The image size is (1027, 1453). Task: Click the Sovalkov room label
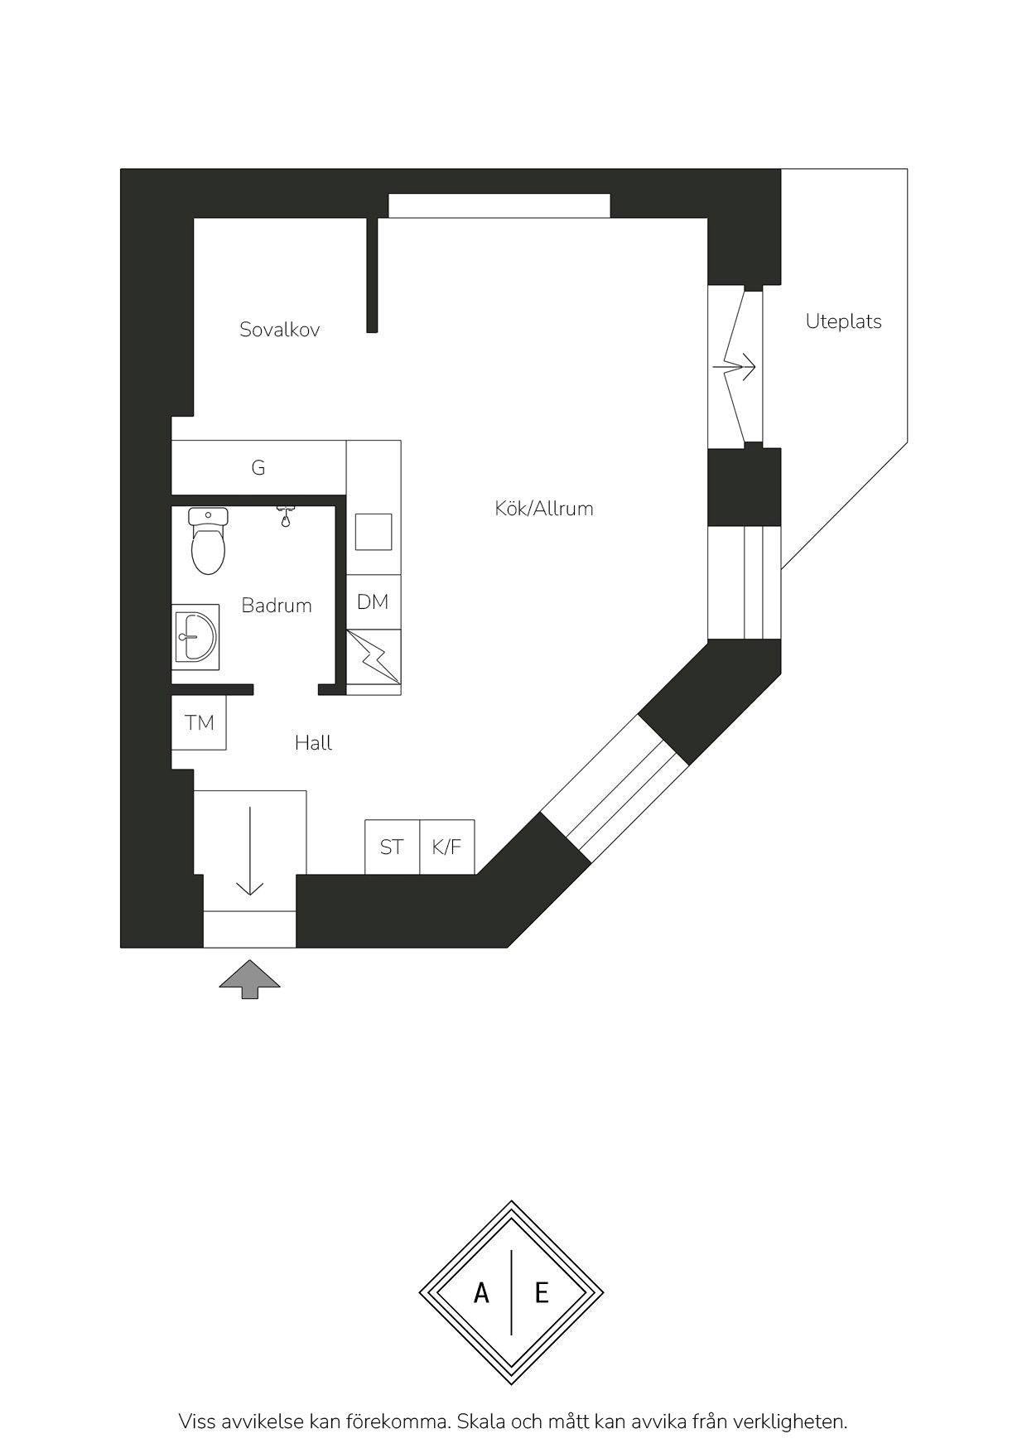click(x=279, y=330)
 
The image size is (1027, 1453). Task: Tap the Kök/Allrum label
click(x=544, y=509)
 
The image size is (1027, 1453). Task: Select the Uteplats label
click(x=843, y=321)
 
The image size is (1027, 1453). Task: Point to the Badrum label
click(x=277, y=606)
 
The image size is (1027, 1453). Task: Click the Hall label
click(x=313, y=743)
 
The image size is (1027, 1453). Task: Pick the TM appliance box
click(x=199, y=723)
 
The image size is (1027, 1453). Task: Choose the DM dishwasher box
click(x=374, y=602)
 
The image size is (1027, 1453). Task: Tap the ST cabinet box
click(x=393, y=847)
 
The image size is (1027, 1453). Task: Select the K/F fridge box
click(x=447, y=847)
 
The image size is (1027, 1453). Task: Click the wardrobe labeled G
click(x=258, y=467)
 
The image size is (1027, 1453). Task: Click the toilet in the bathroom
click(x=208, y=542)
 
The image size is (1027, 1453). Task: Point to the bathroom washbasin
click(x=195, y=637)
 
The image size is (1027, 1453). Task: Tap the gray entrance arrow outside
click(x=249, y=979)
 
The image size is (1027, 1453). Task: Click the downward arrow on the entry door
click(x=249, y=850)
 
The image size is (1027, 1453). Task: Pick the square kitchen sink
click(x=374, y=532)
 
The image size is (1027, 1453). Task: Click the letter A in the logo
click(x=481, y=1292)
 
